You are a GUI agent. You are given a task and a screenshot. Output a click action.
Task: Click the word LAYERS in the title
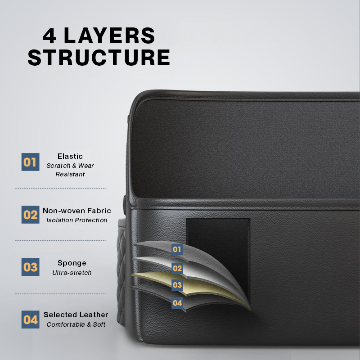[x=109, y=36]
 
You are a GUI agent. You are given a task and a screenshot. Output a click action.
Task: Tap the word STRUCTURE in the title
[x=99, y=57]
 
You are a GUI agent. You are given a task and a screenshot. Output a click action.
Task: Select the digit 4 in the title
[x=49, y=36]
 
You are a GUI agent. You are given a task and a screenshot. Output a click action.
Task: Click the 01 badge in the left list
[x=30, y=162]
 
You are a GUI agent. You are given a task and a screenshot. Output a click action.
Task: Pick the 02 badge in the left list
[x=30, y=215]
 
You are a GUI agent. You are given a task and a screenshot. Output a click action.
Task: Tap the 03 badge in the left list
[x=30, y=267]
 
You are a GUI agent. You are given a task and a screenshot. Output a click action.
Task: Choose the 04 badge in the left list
[x=30, y=319]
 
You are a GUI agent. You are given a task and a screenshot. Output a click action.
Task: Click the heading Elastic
[x=70, y=156]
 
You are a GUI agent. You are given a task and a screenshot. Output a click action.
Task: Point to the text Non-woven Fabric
[x=77, y=211]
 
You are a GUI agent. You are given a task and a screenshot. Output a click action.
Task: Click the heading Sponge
[x=72, y=263]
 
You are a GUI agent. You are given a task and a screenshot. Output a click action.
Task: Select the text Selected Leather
[x=76, y=315]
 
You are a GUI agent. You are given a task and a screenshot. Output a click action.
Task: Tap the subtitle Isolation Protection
[x=77, y=220]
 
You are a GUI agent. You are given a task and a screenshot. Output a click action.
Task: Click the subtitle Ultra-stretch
[x=72, y=273]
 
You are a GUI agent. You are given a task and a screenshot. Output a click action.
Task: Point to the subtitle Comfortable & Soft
[x=76, y=324]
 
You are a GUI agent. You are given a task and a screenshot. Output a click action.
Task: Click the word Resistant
[x=70, y=174]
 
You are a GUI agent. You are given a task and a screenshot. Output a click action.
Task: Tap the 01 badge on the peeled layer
[x=177, y=249]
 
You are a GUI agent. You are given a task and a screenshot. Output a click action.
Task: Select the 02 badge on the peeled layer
[x=177, y=268]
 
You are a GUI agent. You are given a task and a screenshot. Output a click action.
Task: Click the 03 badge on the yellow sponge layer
[x=177, y=285]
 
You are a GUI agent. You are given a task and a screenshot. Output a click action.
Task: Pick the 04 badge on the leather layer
[x=177, y=303]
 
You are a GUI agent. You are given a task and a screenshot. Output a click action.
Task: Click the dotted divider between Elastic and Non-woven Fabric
[x=60, y=188]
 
